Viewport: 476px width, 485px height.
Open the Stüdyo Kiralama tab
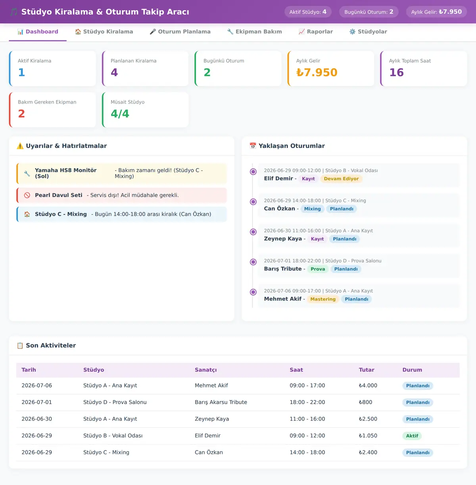pos(104,32)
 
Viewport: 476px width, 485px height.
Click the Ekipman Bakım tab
pos(254,32)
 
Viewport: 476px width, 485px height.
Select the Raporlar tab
pos(316,32)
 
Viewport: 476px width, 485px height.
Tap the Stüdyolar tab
pos(368,32)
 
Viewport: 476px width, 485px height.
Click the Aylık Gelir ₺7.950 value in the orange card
pos(317,73)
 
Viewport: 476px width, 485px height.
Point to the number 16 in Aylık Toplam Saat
pos(396,73)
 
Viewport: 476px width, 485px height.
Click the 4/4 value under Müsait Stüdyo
pos(120,114)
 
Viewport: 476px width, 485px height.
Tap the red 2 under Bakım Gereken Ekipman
pos(21,114)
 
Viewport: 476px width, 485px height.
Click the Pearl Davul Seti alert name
pos(59,195)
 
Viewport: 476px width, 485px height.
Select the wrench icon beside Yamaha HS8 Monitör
pos(27,173)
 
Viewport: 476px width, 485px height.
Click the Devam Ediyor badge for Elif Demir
pos(341,179)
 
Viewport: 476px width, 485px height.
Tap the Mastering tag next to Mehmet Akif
pos(323,299)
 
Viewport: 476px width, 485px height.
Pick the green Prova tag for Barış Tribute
pos(318,269)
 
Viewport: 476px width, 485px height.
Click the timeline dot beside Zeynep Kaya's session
pos(253,232)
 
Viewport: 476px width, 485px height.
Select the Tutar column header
pos(367,370)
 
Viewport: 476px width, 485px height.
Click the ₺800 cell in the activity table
pos(365,402)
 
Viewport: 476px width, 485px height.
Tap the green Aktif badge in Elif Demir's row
pos(412,436)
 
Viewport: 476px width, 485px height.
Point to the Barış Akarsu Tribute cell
pos(221,402)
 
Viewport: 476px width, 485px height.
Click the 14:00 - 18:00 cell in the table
pos(307,452)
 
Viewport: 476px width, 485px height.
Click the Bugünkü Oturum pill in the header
pos(369,12)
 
